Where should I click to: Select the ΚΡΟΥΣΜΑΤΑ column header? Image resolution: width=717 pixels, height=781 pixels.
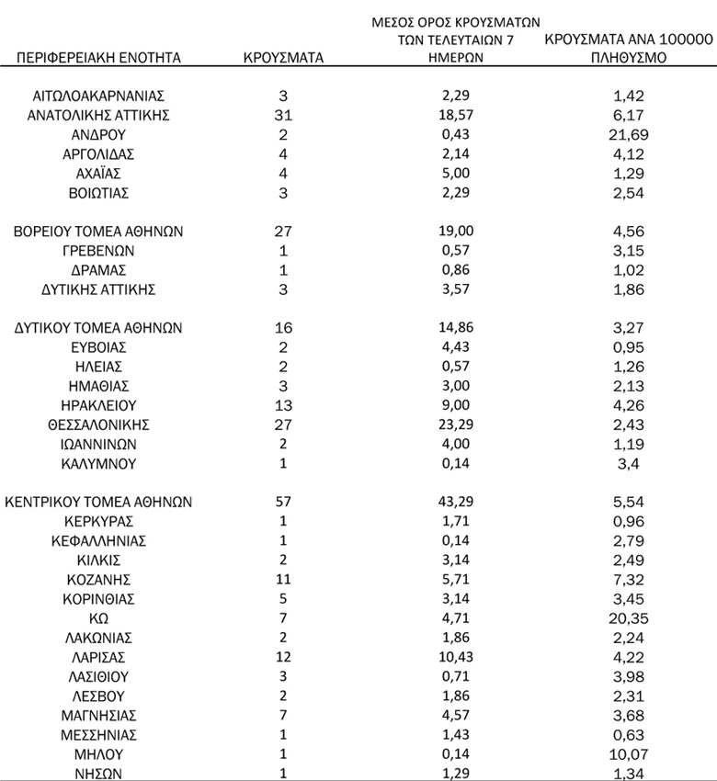click(x=283, y=58)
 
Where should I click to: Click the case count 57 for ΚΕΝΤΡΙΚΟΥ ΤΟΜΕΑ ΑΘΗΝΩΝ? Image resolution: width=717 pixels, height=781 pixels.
click(x=283, y=502)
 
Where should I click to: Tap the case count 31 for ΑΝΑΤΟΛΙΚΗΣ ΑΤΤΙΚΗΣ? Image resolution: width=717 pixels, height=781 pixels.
click(x=283, y=115)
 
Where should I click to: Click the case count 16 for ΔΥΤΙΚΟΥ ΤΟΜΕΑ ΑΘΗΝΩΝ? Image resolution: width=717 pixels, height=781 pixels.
click(x=283, y=327)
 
